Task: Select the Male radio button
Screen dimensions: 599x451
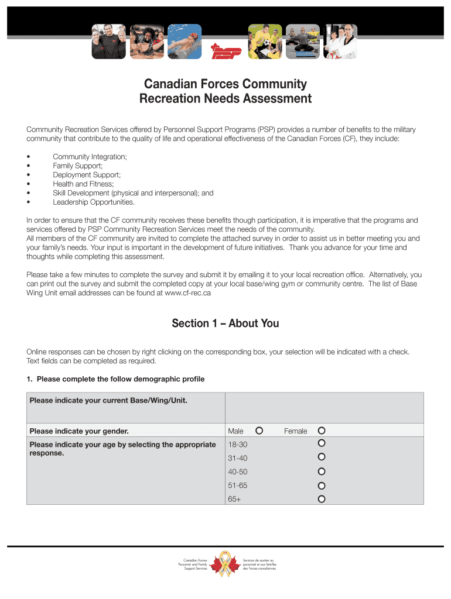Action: click(x=259, y=431)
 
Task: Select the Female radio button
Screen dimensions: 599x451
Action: click(x=321, y=431)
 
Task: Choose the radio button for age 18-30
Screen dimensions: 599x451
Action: click(x=321, y=443)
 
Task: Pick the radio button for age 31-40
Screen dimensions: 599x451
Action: click(x=321, y=457)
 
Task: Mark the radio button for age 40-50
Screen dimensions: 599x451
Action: click(x=321, y=471)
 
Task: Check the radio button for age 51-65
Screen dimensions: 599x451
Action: click(x=321, y=485)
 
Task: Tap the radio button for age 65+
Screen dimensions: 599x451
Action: click(x=321, y=499)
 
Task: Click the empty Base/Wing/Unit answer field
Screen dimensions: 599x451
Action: click(x=324, y=408)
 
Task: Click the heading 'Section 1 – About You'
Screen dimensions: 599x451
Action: click(x=225, y=323)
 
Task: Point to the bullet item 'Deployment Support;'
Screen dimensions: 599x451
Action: click(x=87, y=175)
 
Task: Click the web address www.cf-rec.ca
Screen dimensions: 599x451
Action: click(x=188, y=293)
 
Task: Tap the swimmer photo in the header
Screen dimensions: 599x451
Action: click(x=184, y=42)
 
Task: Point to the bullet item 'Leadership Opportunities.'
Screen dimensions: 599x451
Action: click(x=94, y=202)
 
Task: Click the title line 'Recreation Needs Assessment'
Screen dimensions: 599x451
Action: click(x=225, y=99)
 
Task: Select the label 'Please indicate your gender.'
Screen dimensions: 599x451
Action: click(x=79, y=432)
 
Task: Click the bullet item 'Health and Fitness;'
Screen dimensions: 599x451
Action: click(x=83, y=184)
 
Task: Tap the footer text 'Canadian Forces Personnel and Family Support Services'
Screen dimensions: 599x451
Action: click(x=196, y=564)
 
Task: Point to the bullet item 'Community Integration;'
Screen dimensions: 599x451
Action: click(x=90, y=157)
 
